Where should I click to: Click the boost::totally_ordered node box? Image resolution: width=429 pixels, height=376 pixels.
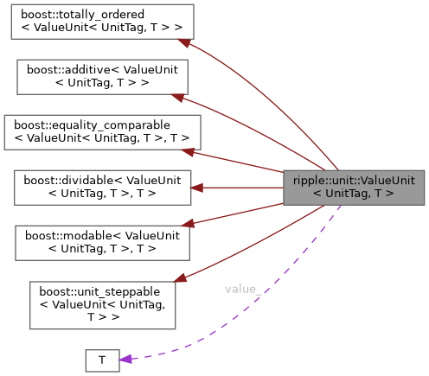pos(101,22)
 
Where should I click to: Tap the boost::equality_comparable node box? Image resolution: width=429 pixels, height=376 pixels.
pos(101,132)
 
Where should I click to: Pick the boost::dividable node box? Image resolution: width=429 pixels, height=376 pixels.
pos(100,188)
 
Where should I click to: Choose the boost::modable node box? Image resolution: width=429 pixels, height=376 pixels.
pos(100,242)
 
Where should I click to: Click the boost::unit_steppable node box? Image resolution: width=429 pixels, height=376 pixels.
pos(102,303)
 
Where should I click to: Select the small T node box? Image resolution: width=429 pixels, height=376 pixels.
pos(101,360)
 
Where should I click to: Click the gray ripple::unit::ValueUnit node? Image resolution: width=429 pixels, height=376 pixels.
pos(354,188)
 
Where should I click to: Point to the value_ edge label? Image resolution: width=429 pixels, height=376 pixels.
pos(243,289)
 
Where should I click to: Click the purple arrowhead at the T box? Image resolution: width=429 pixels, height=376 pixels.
pos(125,358)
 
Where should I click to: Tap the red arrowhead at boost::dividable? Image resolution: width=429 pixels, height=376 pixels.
pos(196,188)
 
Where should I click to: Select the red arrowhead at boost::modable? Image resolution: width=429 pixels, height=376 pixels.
pos(186,224)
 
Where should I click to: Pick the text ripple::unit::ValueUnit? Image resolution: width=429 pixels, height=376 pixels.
pos(354,181)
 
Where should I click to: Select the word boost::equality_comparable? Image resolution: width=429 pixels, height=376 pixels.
pos(90,126)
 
